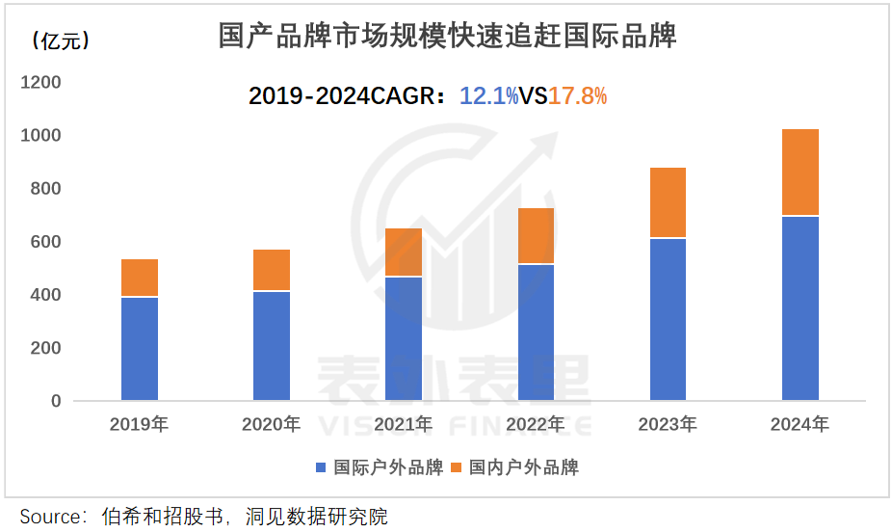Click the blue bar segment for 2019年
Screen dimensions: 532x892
[x=140, y=349]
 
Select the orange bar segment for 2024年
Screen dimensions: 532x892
[x=800, y=173]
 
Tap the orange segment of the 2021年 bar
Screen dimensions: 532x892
[x=404, y=253]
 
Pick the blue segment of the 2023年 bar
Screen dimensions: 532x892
[x=669, y=319]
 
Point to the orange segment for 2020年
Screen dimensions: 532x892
[x=272, y=270]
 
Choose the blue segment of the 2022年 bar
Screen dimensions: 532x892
[x=536, y=332]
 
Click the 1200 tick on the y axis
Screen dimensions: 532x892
[x=40, y=83]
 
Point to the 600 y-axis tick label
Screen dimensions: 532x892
[x=46, y=242]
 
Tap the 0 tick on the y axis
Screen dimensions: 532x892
[x=55, y=401]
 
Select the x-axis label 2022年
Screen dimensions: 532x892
[x=536, y=424]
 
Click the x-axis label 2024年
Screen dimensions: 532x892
[x=800, y=424]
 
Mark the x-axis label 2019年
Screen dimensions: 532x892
[x=140, y=424]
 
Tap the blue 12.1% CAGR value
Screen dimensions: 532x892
[x=489, y=95]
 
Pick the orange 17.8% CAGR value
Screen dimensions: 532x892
[x=578, y=95]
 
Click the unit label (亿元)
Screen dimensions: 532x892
[x=60, y=40]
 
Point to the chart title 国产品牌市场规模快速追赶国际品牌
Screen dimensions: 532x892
[x=447, y=36]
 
